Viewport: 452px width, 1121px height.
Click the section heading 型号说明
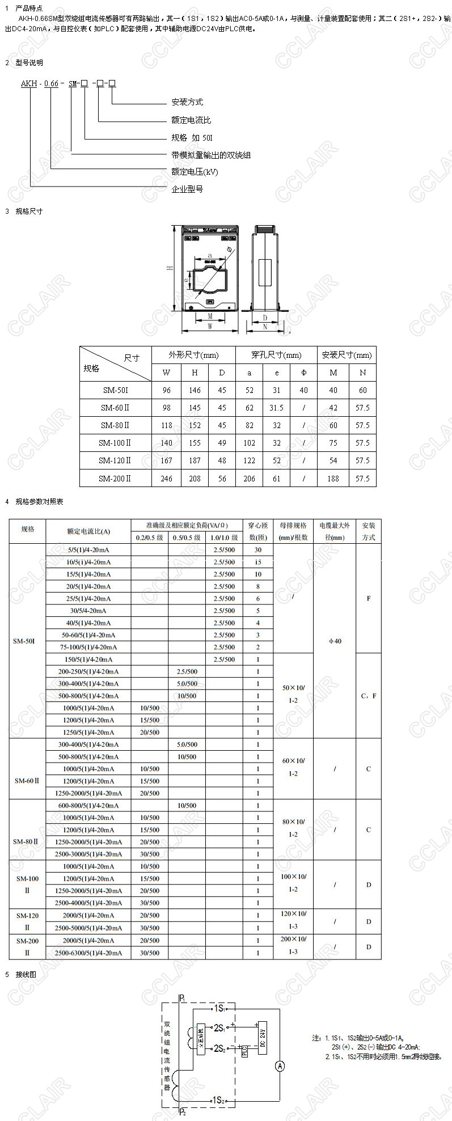(x=29, y=63)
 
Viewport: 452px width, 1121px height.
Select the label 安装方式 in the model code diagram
(x=187, y=102)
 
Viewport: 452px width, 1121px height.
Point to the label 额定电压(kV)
(x=195, y=172)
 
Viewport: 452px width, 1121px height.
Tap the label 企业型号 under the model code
(x=187, y=189)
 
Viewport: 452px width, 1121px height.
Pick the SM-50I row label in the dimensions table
(x=116, y=390)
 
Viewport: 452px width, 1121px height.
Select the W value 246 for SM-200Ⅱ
(x=166, y=478)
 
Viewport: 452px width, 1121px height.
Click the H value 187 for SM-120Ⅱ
(x=195, y=460)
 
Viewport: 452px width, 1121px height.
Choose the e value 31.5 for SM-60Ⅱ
(x=277, y=408)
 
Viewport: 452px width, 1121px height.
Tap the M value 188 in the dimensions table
(x=333, y=478)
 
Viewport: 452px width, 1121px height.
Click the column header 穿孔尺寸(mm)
(x=277, y=355)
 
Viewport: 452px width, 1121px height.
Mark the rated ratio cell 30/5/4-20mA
(x=88, y=611)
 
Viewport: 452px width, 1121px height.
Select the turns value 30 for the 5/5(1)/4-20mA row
(x=258, y=549)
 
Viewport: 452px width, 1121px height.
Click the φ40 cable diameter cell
(x=335, y=641)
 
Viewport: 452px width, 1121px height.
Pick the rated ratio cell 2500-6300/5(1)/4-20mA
(x=88, y=953)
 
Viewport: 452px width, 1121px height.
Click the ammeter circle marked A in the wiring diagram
(x=280, y=1067)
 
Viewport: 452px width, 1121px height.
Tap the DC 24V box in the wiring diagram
(x=263, y=1038)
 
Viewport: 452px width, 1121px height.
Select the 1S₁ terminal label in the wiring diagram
(x=219, y=1008)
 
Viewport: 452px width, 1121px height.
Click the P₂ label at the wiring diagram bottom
(x=182, y=1112)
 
